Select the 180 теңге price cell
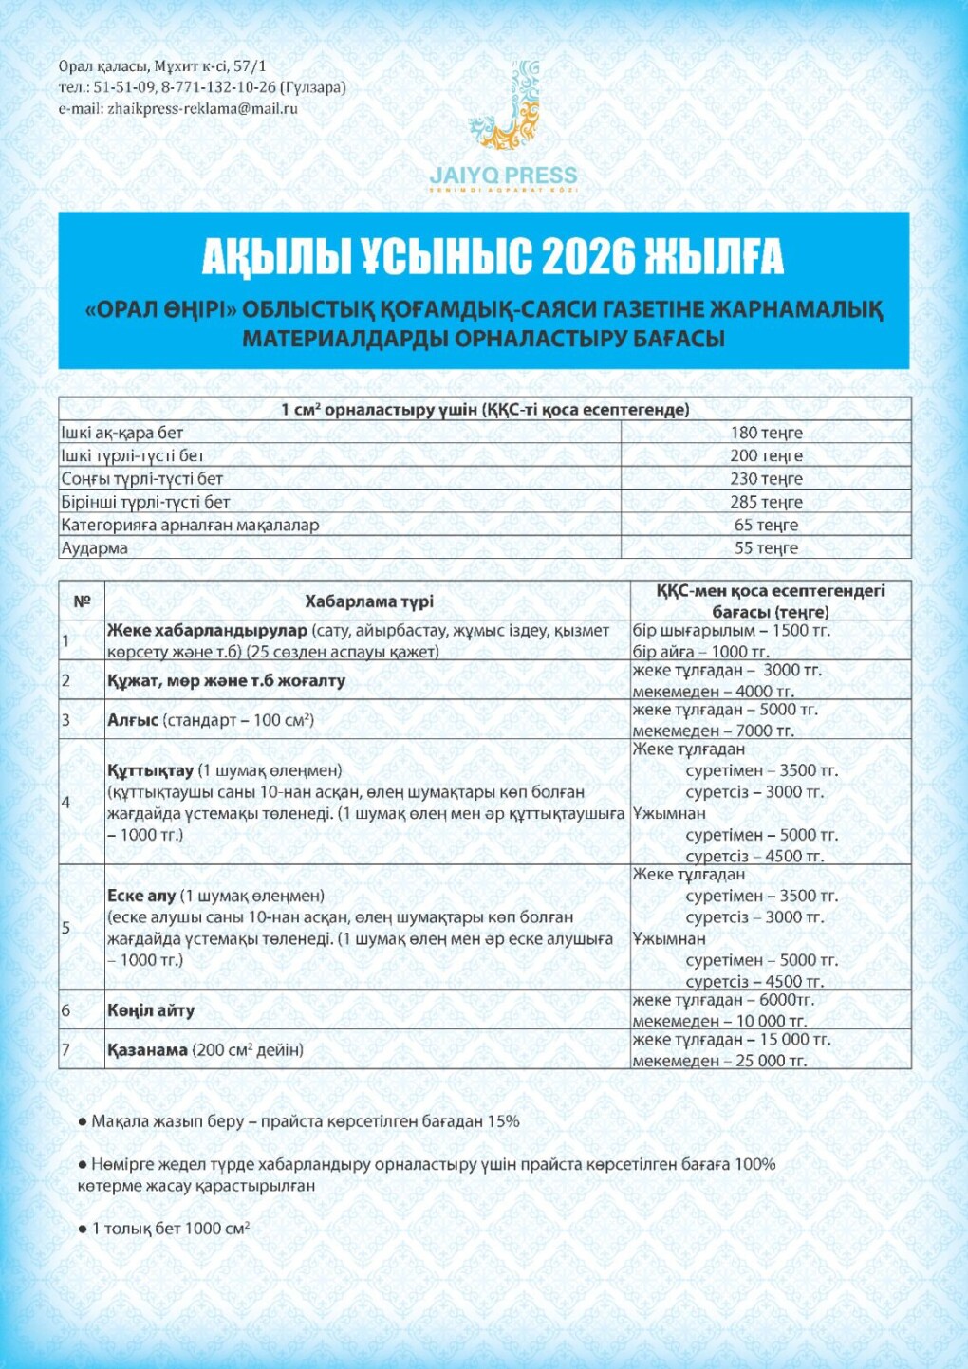(766, 433)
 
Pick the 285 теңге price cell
(766, 502)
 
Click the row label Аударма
(94, 547)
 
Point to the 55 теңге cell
(766, 547)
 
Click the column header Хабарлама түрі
(369, 601)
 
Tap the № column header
(82, 601)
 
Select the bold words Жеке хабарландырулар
(207, 630)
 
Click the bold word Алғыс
(132, 720)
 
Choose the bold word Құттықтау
(150, 770)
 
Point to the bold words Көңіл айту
(150, 1010)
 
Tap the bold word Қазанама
(147, 1049)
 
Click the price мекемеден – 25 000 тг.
(719, 1061)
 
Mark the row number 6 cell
(66, 1010)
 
